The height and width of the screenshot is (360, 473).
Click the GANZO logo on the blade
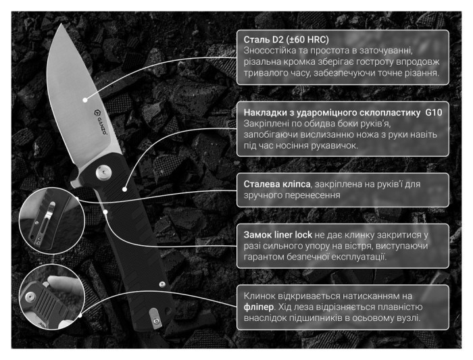[99, 122]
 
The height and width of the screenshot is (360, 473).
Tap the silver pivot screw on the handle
[103, 172]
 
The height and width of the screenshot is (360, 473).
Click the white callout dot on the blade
[85, 100]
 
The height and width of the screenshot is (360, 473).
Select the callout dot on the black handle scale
[124, 189]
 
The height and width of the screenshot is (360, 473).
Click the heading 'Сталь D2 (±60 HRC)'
[286, 39]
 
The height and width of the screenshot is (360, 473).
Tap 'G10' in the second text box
[434, 113]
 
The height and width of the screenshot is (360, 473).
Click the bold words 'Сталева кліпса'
[277, 184]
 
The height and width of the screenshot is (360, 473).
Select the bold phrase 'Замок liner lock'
[278, 234]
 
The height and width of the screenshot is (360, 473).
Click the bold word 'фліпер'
[259, 307]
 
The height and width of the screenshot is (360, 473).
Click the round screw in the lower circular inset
[30, 297]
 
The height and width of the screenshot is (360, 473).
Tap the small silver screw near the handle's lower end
[162, 284]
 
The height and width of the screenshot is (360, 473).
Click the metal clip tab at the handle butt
[155, 318]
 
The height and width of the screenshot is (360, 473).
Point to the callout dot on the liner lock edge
[105, 212]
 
